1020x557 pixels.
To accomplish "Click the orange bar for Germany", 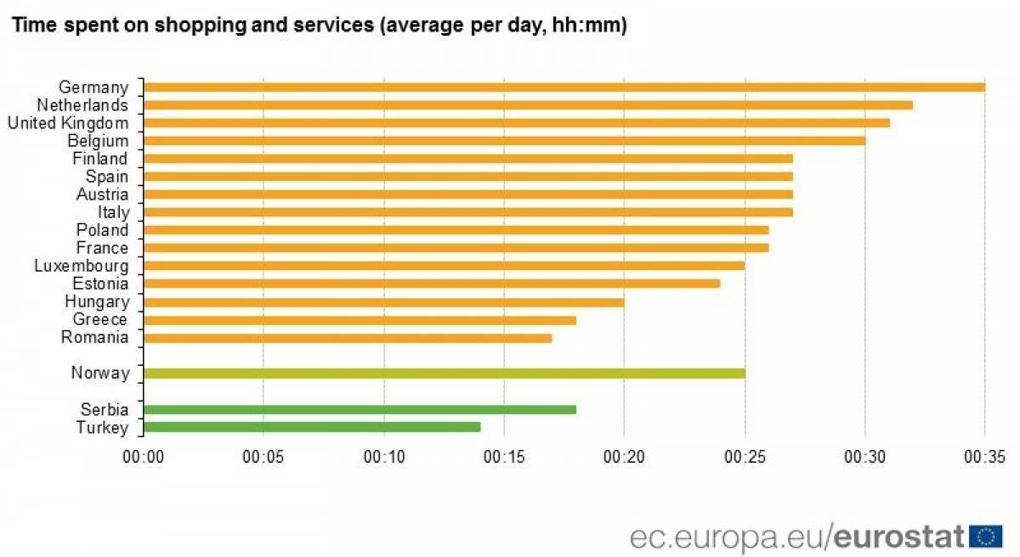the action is [564, 87].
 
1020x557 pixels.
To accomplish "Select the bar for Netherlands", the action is [528, 105].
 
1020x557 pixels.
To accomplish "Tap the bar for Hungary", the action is [384, 302].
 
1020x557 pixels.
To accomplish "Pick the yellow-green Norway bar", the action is [445, 374].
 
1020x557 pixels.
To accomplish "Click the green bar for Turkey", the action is [312, 427].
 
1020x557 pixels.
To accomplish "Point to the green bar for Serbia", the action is [360, 409].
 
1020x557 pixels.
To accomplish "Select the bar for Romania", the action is [348, 338].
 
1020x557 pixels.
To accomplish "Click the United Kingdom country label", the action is [68, 123].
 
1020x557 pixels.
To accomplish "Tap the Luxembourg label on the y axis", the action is [82, 266].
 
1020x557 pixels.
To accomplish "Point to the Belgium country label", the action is [98, 141].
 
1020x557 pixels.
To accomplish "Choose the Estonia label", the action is [100, 284].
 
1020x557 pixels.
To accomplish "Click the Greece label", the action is [100, 319].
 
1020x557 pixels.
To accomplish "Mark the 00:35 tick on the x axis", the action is [984, 457].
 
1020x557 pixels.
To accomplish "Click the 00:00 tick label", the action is [144, 457].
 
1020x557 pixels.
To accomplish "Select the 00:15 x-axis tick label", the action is [504, 457].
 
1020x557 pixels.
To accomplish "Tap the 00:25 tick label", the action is [745, 457].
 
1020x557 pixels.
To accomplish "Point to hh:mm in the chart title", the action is [589, 25].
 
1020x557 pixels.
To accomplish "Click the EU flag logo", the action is [986, 537].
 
